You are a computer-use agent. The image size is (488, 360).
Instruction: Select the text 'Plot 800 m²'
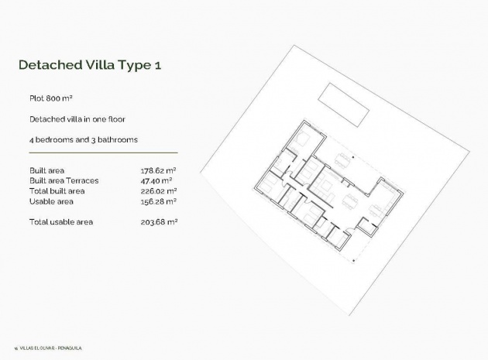point(51,100)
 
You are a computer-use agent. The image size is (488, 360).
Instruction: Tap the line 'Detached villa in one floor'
point(77,119)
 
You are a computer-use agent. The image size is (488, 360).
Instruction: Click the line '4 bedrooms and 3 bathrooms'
point(83,139)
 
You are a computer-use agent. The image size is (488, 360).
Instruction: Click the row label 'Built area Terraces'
point(63,180)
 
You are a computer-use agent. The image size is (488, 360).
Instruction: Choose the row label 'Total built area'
point(57,190)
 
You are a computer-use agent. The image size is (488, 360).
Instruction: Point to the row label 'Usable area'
point(50,201)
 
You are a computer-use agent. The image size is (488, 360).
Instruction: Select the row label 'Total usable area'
point(60,222)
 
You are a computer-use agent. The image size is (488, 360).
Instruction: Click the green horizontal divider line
point(102,153)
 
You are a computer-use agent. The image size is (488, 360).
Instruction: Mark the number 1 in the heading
point(157,65)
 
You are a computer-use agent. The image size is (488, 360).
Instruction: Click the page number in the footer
point(16,348)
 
